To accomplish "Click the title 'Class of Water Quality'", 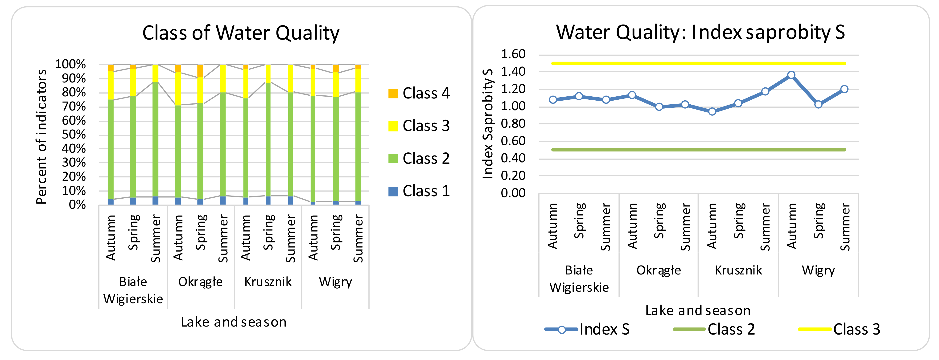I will (241, 33).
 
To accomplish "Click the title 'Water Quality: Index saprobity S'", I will (700, 32).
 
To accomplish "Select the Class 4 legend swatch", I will (393, 94).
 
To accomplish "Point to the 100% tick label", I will (70, 65).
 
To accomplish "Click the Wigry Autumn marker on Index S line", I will (791, 75).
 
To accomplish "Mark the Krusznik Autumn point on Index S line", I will (712, 111).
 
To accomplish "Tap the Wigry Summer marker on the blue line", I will (844, 89).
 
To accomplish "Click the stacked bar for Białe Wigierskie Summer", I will (155, 135).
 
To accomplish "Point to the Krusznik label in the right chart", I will (738, 270).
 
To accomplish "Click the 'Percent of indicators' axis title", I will (41, 137).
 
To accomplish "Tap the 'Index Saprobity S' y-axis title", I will (487, 124).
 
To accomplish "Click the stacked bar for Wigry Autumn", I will (313, 135).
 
